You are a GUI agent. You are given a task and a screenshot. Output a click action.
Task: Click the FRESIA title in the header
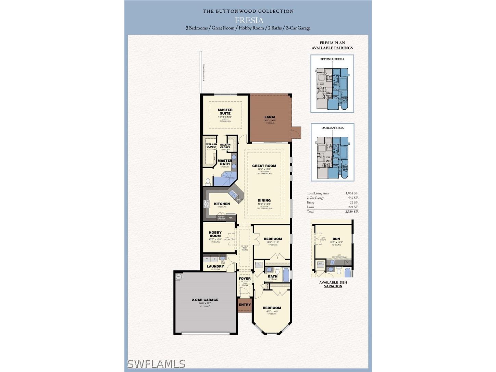249,20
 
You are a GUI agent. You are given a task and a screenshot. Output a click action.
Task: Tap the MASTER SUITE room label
225,112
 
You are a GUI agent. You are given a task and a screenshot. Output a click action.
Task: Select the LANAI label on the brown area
270,117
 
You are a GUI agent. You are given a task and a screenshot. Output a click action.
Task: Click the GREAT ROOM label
264,166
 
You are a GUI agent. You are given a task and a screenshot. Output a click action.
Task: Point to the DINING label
264,200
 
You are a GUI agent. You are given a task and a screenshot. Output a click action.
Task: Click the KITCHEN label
222,204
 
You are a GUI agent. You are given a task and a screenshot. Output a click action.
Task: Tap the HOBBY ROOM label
215,234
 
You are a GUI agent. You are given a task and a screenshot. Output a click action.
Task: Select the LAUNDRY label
215,266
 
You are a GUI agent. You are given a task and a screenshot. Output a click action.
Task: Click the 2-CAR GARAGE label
205,300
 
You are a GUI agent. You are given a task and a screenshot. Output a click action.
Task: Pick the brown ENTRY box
245,305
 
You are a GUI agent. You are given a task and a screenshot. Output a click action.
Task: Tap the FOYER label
245,278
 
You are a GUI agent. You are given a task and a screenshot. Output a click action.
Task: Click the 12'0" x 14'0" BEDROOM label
272,308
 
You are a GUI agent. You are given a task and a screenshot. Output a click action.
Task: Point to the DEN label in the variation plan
336,239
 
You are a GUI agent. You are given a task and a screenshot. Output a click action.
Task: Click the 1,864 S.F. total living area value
352,193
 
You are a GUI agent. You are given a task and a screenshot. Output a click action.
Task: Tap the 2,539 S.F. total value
352,212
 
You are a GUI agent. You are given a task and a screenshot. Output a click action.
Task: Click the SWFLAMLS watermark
156,364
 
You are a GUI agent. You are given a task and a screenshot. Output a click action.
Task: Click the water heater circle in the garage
178,276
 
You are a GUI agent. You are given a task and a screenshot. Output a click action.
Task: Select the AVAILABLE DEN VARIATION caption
333,284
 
